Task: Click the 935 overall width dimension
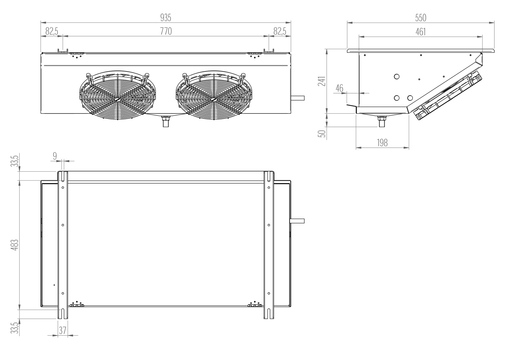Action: [x=166, y=18]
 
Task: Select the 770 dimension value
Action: [x=166, y=32]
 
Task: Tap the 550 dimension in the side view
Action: [x=421, y=18]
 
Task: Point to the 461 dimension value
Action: [x=421, y=32]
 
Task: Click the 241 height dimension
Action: [x=322, y=81]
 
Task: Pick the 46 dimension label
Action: [x=340, y=88]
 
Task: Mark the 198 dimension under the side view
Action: [x=382, y=143]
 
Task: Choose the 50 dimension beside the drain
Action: [x=322, y=134]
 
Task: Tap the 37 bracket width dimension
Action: [x=62, y=330]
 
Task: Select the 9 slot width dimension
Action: [x=55, y=156]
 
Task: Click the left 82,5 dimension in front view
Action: [x=52, y=32]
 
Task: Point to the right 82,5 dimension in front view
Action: [x=280, y=32]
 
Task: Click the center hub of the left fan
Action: [x=118, y=99]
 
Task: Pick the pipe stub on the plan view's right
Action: [x=297, y=221]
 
